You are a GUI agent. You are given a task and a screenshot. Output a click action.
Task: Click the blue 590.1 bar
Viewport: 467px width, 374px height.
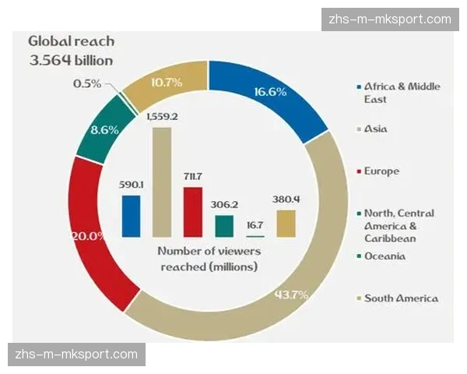point(132,216)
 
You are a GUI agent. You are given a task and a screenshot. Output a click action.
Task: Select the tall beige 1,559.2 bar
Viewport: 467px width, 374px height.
point(162,182)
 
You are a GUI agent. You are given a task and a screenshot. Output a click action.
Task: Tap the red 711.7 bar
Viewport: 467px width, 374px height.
point(193,211)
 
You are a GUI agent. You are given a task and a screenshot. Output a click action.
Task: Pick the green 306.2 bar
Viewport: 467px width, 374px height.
point(224,226)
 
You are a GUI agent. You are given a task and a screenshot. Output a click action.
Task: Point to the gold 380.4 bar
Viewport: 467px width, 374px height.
point(286,223)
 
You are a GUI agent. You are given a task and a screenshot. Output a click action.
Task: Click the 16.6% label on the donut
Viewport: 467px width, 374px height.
point(271,92)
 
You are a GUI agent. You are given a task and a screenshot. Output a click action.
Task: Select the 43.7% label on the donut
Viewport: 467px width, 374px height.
point(293,295)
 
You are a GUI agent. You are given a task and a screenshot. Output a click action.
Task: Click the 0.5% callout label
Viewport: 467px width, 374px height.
point(87,83)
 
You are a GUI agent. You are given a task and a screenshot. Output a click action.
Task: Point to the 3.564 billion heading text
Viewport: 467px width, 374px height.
point(71,60)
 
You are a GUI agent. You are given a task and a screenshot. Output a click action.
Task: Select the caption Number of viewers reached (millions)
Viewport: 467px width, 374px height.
point(209,259)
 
